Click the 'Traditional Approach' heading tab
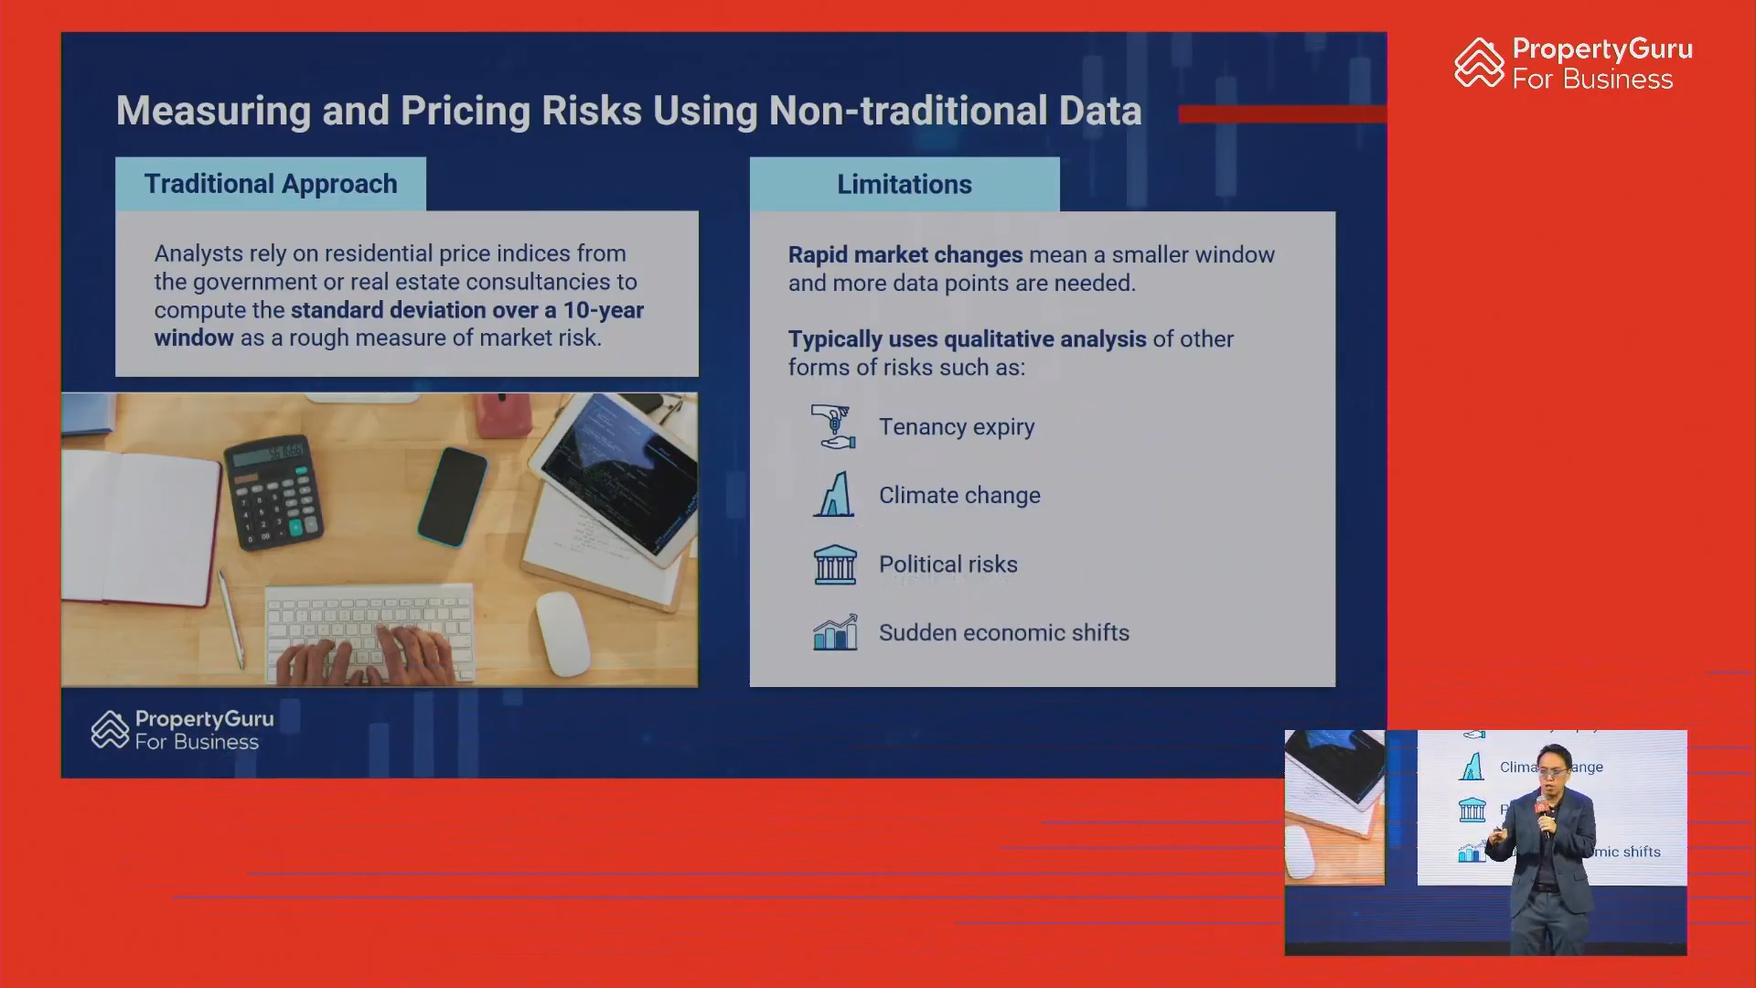[271, 184]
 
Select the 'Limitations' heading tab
[905, 184]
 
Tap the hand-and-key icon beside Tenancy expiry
[833, 426]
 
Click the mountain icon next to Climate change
[833, 494]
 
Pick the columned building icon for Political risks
[835, 564]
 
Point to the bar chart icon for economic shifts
[835, 632]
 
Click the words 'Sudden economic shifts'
[1004, 632]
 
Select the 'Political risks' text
[948, 564]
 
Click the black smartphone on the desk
[453, 496]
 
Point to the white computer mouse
[562, 633]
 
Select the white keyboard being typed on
[369, 633]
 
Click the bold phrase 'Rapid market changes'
[905, 255]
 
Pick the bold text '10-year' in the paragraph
[604, 310]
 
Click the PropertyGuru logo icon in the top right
[1479, 62]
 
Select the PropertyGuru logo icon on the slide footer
[110, 729]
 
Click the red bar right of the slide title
[1282, 113]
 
